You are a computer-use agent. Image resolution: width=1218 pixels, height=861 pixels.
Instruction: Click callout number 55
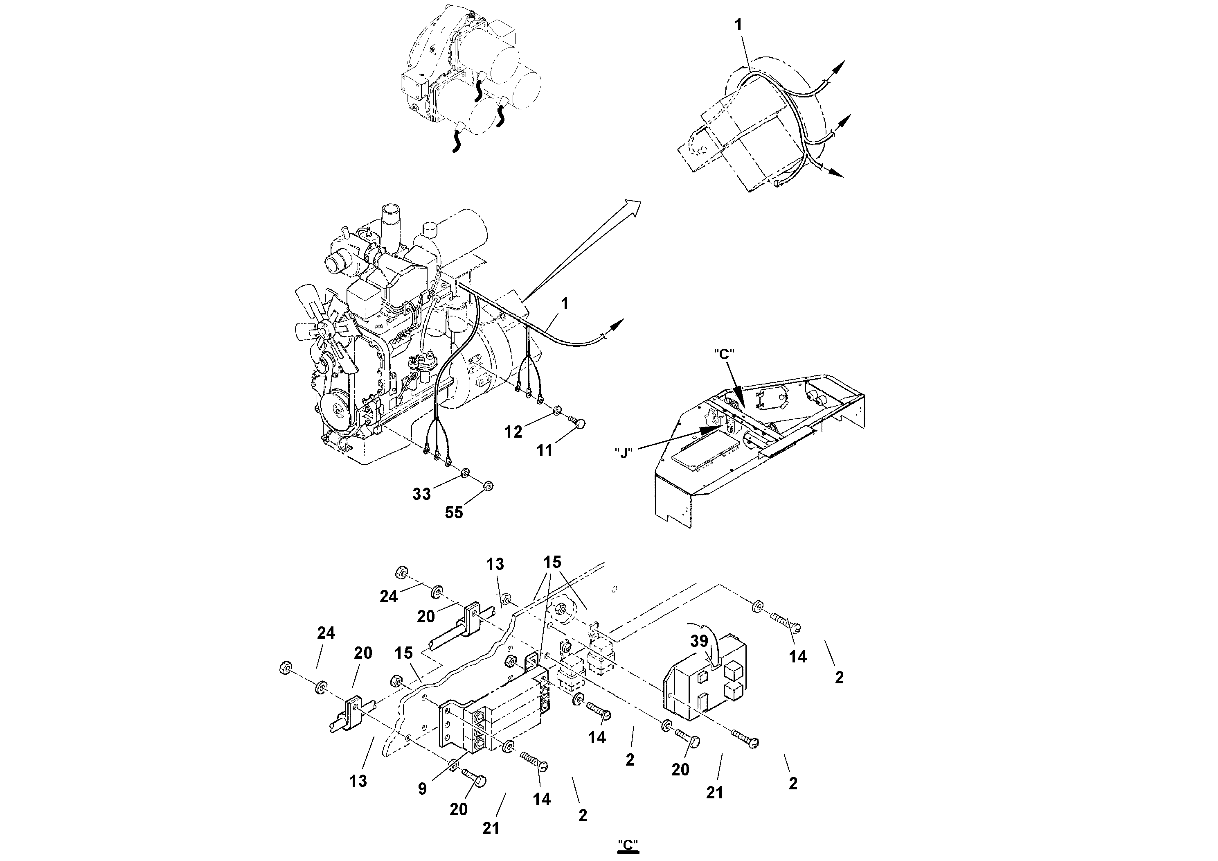454,512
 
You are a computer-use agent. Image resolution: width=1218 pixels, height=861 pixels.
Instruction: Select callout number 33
422,494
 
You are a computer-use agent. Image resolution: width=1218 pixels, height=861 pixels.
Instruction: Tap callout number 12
513,432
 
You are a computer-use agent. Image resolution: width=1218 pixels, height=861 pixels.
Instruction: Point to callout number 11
544,451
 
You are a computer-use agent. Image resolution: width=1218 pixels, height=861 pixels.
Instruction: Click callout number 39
699,641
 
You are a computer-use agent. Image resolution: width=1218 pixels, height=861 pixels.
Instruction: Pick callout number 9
422,789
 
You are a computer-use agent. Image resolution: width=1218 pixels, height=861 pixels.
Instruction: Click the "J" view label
624,453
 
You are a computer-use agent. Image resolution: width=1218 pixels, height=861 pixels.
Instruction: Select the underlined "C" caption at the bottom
628,844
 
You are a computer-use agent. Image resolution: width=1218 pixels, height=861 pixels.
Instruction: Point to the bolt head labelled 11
580,423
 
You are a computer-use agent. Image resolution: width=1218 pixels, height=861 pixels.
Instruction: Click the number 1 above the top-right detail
739,25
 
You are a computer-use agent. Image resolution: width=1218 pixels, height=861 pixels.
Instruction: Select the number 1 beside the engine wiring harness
565,304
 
